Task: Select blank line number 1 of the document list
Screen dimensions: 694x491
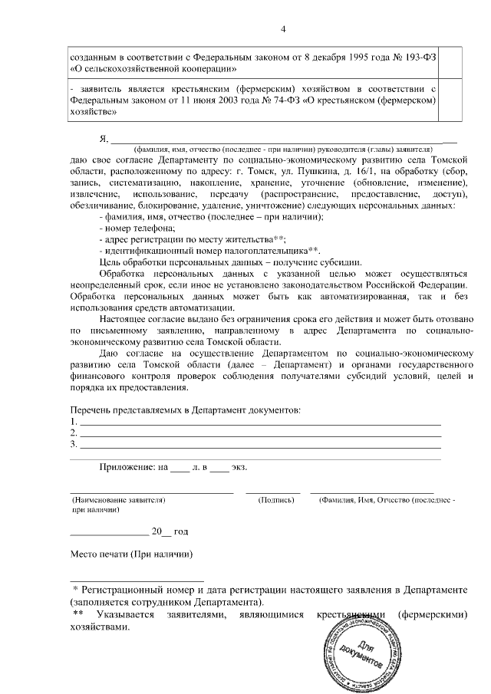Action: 261,423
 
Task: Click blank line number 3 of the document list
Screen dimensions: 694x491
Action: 261,445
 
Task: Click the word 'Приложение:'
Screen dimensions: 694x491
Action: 127,467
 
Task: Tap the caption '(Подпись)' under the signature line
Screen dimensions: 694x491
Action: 276,499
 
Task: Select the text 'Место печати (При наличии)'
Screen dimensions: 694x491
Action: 130,554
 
